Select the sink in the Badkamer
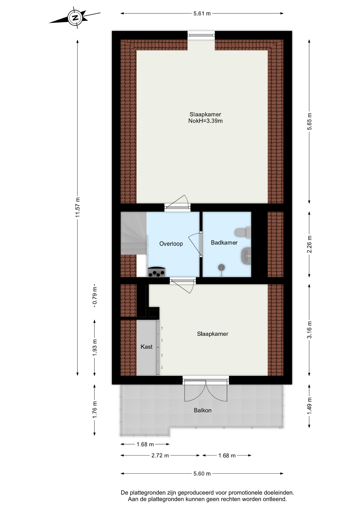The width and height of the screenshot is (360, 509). click(x=246, y=256)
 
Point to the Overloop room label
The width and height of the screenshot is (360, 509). click(x=171, y=244)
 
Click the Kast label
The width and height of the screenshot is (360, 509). click(x=146, y=347)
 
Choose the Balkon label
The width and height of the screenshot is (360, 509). click(x=203, y=410)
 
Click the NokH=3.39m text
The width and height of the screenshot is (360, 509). click(x=205, y=121)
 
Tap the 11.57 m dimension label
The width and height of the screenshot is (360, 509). click(x=77, y=207)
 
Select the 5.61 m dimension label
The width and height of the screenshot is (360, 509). click(x=202, y=14)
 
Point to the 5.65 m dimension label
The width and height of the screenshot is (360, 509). click(x=309, y=121)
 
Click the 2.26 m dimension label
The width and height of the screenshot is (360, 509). click(x=309, y=244)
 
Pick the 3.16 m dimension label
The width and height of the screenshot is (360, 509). click(x=309, y=330)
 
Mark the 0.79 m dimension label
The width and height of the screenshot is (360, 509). click(x=95, y=296)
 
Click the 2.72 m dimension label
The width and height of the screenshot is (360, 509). click(x=160, y=455)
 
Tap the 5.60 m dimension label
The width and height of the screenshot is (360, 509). click(x=202, y=473)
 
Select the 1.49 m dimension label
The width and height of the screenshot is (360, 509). click(x=309, y=406)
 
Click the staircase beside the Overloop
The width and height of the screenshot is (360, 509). click(x=134, y=233)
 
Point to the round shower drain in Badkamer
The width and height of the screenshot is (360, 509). click(x=221, y=267)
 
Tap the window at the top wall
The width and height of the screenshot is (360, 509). click(x=201, y=35)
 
